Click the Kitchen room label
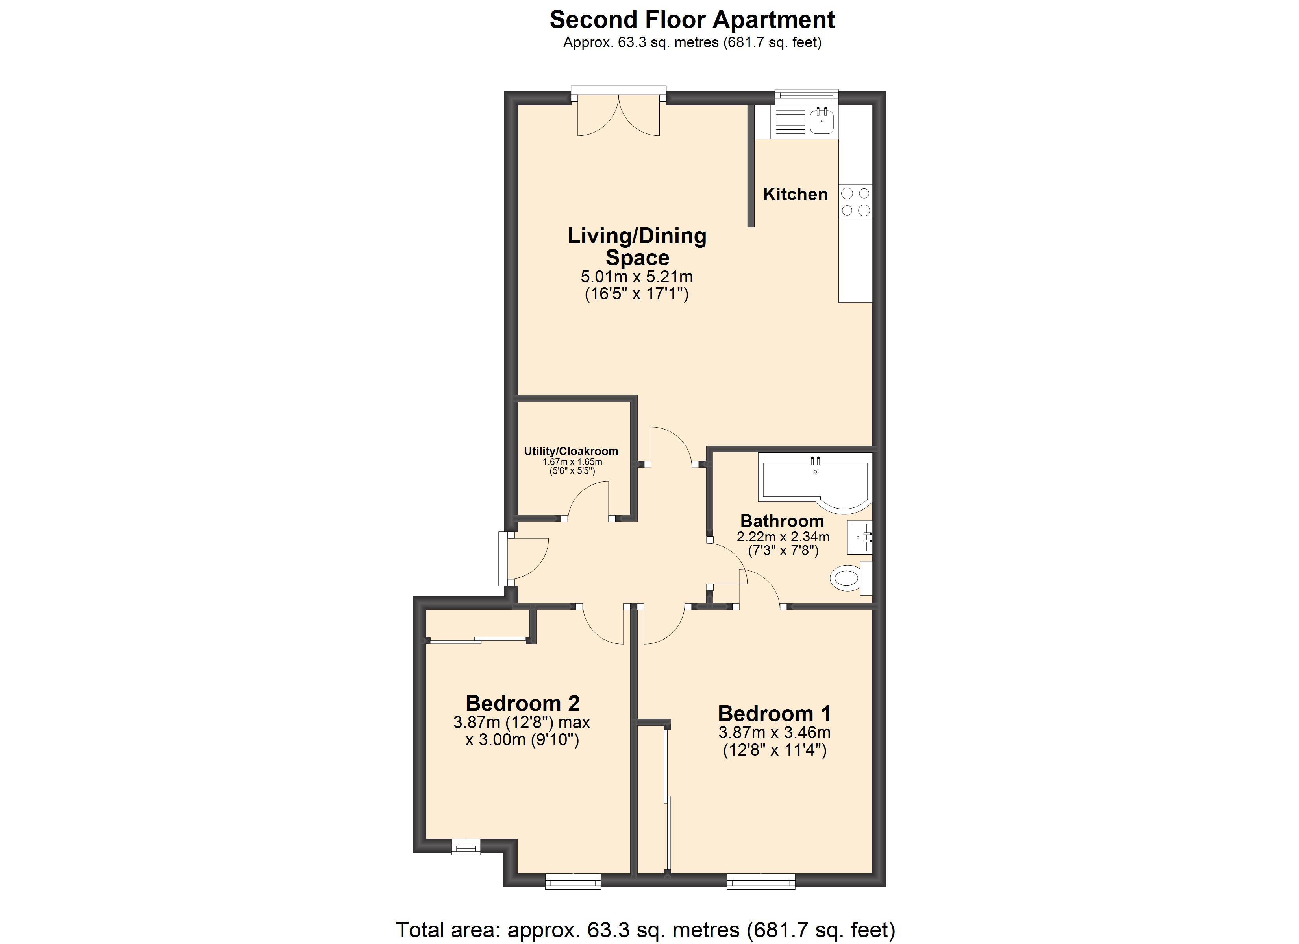point(795,195)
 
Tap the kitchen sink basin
point(822,121)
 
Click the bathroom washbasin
point(860,537)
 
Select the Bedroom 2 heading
point(522,703)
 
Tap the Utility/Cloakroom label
point(571,451)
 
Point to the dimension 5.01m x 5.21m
point(637,277)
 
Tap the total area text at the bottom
point(646,930)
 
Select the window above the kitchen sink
point(807,97)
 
